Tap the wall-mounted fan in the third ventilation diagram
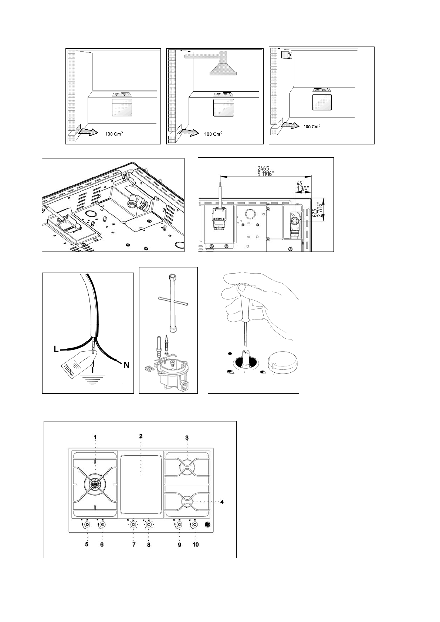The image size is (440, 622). (287, 55)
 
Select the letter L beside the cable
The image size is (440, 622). (56, 349)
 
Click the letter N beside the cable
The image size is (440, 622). (126, 365)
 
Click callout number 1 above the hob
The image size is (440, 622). (95, 437)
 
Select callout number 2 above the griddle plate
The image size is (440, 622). (141, 436)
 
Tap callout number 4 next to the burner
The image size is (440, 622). (221, 502)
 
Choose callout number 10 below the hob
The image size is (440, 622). (195, 544)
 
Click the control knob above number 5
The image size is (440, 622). (87, 525)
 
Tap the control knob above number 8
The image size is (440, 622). (148, 525)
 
